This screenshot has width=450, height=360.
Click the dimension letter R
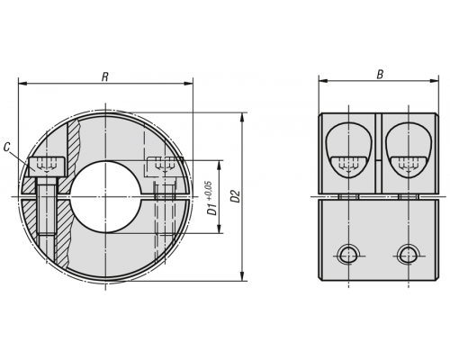pos(105,76)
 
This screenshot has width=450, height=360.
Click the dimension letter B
pos(380,75)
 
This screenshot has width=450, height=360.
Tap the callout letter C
pos(7,148)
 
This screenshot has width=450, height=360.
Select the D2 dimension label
pos(236,196)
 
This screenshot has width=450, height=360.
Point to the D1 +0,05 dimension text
pos(211,198)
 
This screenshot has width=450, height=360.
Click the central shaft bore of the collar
pos(106,196)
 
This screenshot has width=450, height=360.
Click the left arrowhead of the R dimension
pos(22,84)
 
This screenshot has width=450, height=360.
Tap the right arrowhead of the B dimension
pos(435,80)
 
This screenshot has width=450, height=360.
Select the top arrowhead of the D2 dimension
pos(243,117)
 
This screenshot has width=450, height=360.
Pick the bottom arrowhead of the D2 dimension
pos(243,277)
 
